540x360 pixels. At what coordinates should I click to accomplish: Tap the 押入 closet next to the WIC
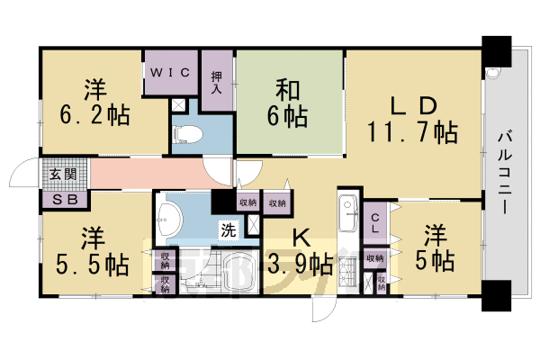[x=216, y=81]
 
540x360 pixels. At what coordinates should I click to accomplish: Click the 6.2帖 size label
[x=94, y=115]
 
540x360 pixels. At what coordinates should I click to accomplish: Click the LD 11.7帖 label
[x=412, y=120]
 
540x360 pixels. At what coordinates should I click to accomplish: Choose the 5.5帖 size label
[x=93, y=265]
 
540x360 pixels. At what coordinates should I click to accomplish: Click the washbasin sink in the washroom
[x=167, y=214]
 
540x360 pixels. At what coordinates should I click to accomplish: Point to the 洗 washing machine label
[x=229, y=229]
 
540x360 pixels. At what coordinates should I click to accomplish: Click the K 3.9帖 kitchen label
[x=299, y=252]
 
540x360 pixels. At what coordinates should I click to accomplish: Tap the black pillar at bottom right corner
[x=494, y=292]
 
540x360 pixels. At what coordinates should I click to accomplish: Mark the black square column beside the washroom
[x=222, y=202]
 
